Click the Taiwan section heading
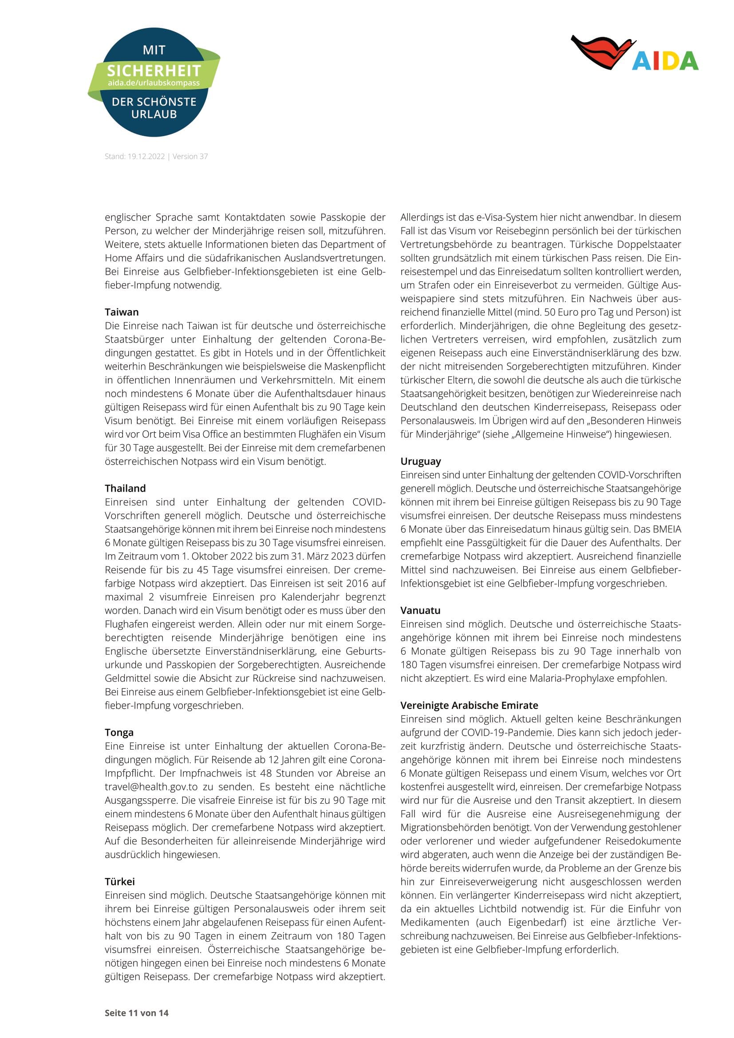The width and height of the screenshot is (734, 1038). (122, 312)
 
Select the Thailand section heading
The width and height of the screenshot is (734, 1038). (125, 488)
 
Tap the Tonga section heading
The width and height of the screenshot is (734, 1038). (119, 732)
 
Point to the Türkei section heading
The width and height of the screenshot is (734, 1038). (120, 882)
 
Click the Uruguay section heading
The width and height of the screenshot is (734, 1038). (420, 461)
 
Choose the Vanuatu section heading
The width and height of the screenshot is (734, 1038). (420, 610)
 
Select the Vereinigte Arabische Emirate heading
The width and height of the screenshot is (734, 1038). (469, 705)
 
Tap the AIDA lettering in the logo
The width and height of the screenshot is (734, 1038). (665, 61)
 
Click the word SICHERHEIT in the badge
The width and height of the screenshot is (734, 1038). (154, 71)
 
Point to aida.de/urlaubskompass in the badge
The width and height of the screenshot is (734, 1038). (154, 83)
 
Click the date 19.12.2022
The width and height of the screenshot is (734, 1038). (146, 156)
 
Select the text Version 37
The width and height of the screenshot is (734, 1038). (190, 156)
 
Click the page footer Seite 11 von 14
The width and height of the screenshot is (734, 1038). (137, 1013)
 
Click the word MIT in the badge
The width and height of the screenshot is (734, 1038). (154, 50)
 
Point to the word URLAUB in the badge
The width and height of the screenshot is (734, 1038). (154, 114)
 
